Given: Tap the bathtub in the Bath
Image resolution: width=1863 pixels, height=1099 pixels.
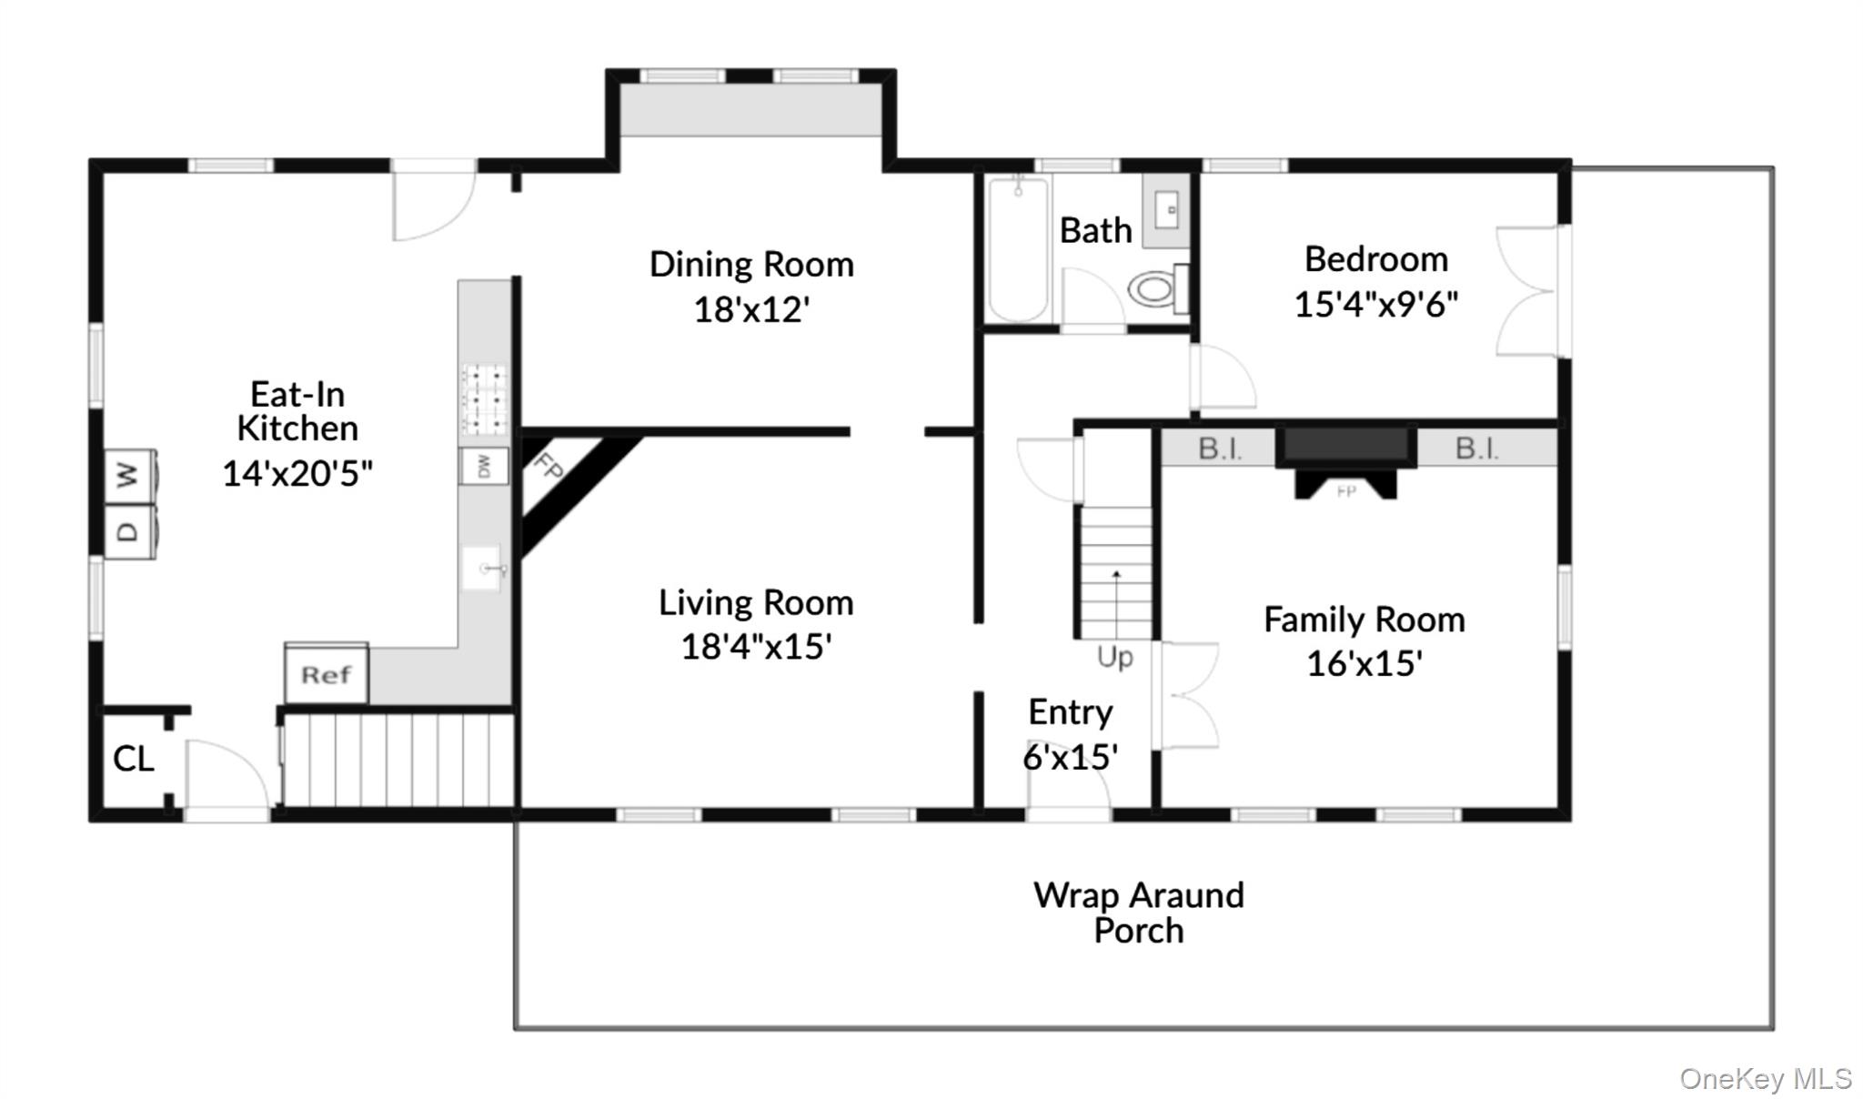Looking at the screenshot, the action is [1018, 248].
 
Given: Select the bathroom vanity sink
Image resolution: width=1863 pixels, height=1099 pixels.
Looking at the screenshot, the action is [1166, 210].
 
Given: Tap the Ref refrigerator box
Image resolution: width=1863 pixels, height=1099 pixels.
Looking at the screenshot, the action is [327, 673].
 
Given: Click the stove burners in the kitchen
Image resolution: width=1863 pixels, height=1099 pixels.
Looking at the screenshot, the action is [486, 399].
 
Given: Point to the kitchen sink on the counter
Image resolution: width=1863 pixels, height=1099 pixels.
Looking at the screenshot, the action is [482, 569].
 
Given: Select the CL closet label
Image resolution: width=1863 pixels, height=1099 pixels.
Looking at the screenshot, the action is [133, 758].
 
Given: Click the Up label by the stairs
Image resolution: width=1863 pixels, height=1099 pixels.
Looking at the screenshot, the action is [1115, 657].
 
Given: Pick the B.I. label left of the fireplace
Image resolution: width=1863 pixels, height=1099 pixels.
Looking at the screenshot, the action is [1219, 449].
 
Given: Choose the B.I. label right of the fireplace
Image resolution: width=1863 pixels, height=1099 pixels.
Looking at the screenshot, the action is [1476, 448].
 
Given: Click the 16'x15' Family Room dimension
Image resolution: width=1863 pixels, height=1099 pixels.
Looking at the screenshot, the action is [1365, 663].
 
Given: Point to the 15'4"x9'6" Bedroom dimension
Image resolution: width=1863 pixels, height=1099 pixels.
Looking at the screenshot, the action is [1375, 303].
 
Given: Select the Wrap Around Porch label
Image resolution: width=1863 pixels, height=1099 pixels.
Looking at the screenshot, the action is [1139, 912].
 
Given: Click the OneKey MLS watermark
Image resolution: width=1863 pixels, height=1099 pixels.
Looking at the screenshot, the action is [1766, 1078].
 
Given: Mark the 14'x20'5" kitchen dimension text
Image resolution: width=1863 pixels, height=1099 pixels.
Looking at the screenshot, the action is [297, 473].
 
